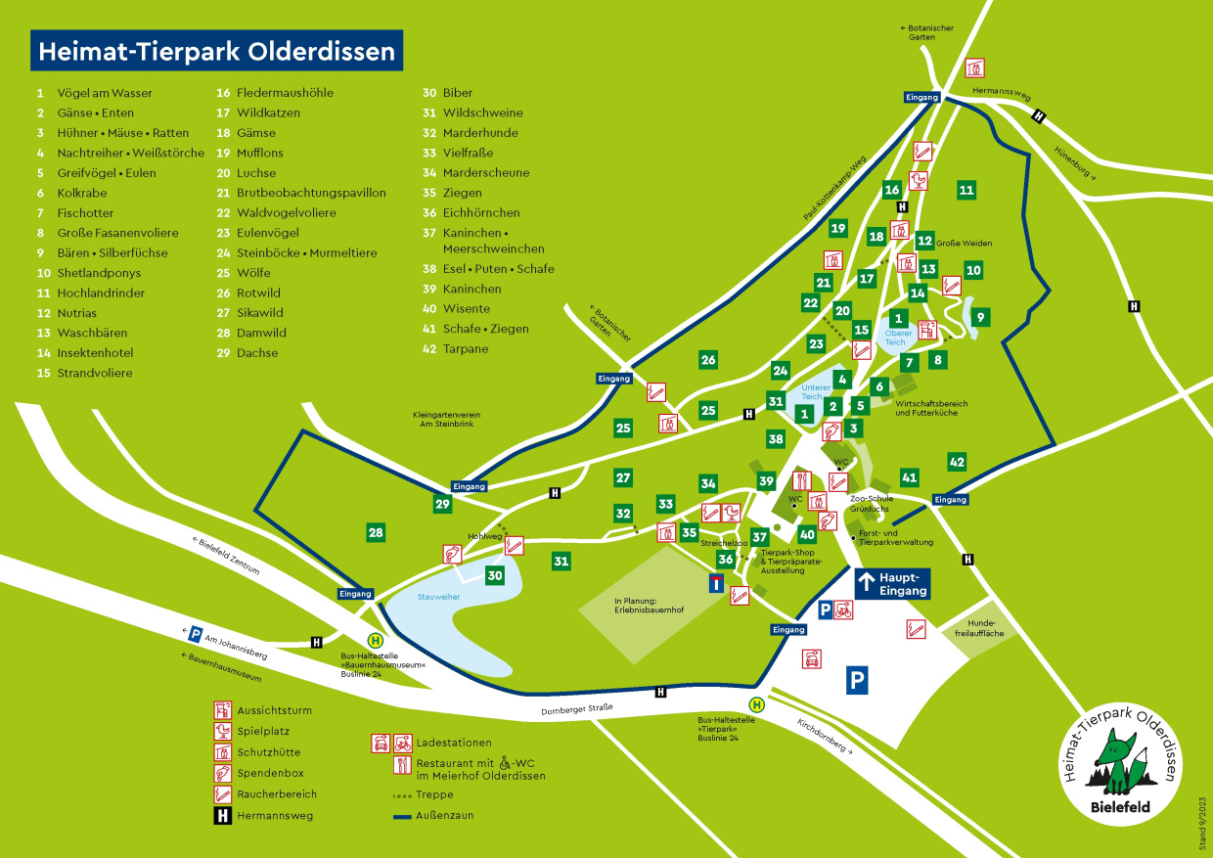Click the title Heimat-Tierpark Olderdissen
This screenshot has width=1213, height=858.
pos(216,50)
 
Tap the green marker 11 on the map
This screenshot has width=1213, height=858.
pos(966,190)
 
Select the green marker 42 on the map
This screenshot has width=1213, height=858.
pos(957,462)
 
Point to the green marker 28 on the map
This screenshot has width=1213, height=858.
pos(376,532)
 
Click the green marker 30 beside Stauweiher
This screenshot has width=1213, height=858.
pos(495,575)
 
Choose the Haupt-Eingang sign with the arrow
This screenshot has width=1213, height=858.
pos(891,584)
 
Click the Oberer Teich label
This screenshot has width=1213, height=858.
pos(898,338)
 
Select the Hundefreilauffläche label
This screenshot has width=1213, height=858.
pos(979,628)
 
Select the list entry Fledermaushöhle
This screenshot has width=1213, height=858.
pos(285,93)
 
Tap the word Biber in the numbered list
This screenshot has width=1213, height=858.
pos(458,93)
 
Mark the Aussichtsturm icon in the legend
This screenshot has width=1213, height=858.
pos(223,710)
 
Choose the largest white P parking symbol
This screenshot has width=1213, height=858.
pos(857,680)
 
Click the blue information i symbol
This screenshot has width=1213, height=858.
pos(717,584)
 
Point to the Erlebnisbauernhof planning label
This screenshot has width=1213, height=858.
pos(649,607)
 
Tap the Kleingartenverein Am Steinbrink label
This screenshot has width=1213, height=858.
pos(451,420)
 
